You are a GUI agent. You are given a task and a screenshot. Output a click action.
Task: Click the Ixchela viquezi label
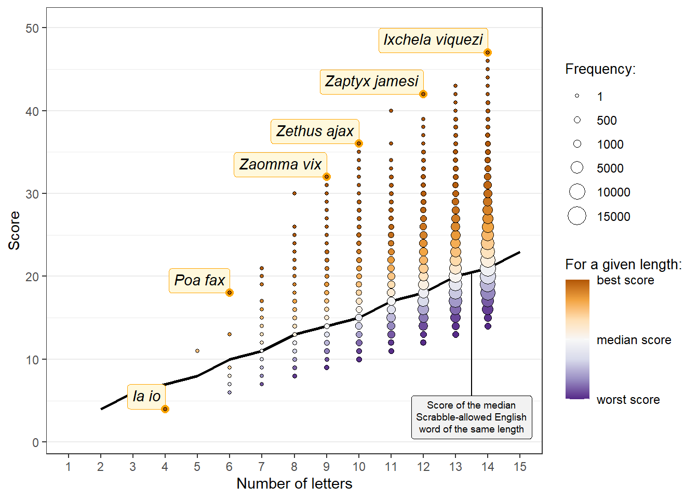point(433,40)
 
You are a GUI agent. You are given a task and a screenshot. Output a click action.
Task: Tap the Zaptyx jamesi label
point(371,82)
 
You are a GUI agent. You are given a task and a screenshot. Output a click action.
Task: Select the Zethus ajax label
point(315,132)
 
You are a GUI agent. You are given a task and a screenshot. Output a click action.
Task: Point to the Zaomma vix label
point(280,165)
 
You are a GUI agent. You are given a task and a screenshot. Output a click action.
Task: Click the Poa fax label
point(199,281)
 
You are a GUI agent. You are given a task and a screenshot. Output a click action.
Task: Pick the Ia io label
point(146,397)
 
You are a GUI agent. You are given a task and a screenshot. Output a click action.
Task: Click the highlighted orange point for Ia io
point(165,409)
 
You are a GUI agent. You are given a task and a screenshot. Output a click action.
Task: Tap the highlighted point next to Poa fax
point(230,293)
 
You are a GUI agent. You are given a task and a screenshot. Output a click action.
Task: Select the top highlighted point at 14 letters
point(488,52)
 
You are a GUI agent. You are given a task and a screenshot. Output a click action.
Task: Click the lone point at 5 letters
point(197,351)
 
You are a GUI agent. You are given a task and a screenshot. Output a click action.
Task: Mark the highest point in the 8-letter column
point(294,193)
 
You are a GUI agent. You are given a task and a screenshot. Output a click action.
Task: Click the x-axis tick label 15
point(520,467)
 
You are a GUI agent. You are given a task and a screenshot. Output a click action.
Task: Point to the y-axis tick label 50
point(32,28)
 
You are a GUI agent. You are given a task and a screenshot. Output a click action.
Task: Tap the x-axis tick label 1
point(68,467)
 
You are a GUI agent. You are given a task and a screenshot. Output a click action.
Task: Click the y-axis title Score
point(14,230)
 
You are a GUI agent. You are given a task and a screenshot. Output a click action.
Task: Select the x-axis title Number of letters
point(294,484)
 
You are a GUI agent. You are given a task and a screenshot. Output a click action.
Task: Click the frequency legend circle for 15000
point(577,216)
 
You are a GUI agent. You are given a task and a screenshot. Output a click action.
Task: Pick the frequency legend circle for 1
point(577,96)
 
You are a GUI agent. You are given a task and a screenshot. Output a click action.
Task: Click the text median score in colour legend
point(634,340)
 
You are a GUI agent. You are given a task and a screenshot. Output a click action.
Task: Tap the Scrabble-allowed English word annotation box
point(472,417)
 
